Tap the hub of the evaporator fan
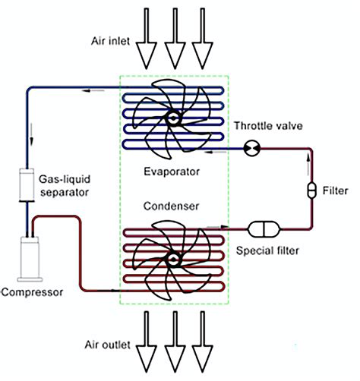tap(174, 118)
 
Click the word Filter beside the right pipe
tap(335, 190)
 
